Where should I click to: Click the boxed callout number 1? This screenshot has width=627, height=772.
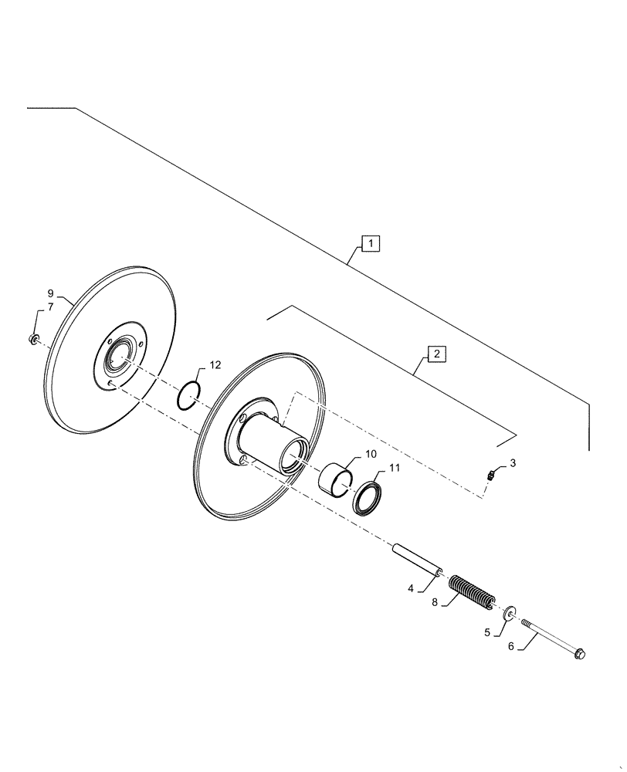pyautogui.click(x=371, y=245)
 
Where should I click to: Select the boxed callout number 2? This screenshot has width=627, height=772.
pyautogui.click(x=436, y=354)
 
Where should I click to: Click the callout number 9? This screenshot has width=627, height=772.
pyautogui.click(x=50, y=293)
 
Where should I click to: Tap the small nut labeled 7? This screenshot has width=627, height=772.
pyautogui.click(x=34, y=339)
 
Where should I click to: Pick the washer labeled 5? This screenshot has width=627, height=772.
pyautogui.click(x=510, y=614)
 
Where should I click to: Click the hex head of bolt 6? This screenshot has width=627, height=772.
pyautogui.click(x=580, y=655)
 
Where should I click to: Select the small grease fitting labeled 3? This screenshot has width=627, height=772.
pyautogui.click(x=490, y=476)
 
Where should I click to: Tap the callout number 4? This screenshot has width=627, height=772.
pyautogui.click(x=412, y=588)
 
